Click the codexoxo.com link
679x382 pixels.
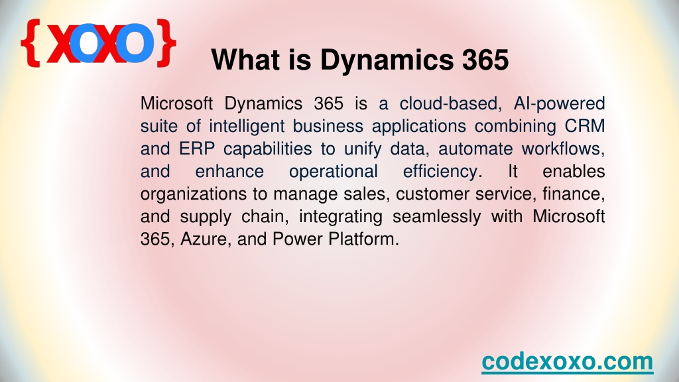tap(568, 361)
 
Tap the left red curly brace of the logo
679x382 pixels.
tap(31, 43)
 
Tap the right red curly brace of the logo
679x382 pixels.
tap(166, 43)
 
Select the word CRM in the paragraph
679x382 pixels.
tap(585, 126)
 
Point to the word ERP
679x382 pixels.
tap(197, 149)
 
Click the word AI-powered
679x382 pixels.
tap(559, 104)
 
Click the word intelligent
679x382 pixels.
tap(246, 127)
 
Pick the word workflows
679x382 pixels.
tap(563, 149)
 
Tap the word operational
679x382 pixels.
tap(334, 172)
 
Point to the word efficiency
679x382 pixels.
tap(442, 172)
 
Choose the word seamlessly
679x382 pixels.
tap(436, 217)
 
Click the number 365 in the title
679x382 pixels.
tap(485, 59)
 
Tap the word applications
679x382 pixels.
tap(419, 127)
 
